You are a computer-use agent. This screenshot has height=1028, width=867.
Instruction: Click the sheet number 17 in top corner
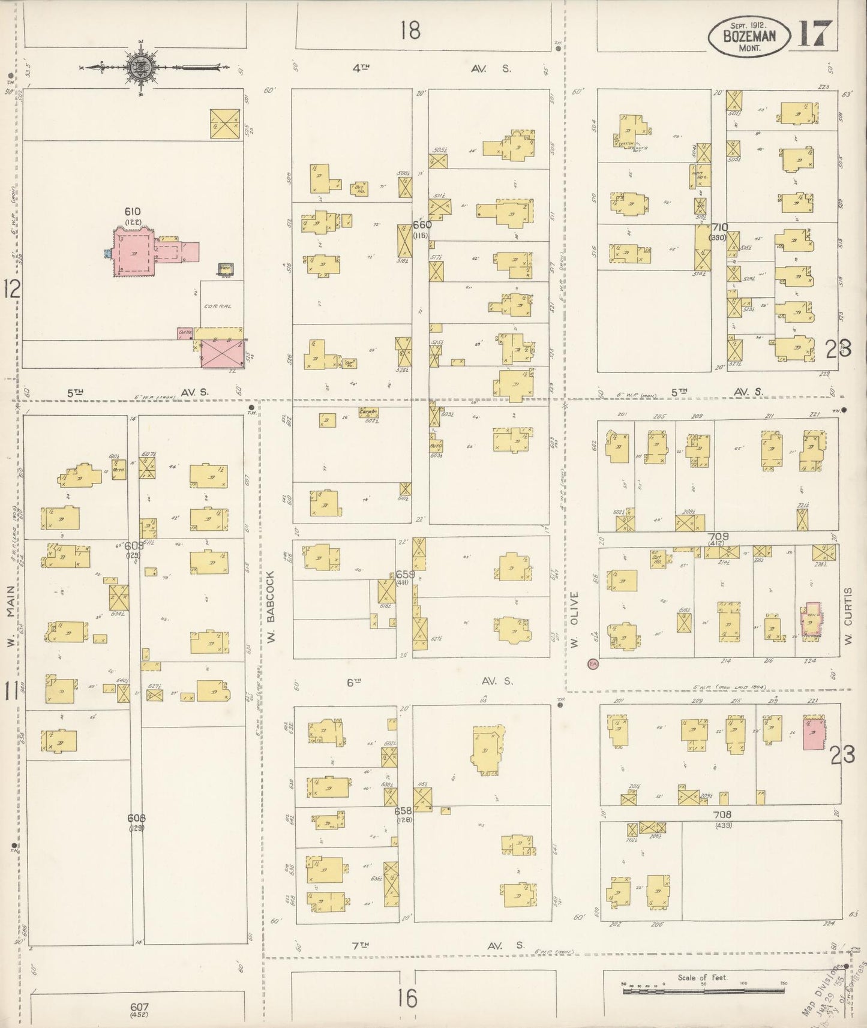point(815,36)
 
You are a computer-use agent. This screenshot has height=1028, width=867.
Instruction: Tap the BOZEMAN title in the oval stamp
point(749,36)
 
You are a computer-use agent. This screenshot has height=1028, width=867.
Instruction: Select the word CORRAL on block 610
point(217,306)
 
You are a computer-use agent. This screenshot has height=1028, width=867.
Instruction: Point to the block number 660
point(422,225)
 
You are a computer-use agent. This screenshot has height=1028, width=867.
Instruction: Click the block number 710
point(719,227)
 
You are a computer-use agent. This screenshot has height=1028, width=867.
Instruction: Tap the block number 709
point(718,536)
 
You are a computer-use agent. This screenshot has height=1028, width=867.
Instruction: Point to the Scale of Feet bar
point(702,991)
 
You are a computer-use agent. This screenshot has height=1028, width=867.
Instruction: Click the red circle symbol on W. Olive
point(592,664)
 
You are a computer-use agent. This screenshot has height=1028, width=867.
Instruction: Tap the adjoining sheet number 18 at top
point(410,30)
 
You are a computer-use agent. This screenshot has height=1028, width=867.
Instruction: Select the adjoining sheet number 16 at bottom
point(406,999)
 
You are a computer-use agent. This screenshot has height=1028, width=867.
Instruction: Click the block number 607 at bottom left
point(139,1007)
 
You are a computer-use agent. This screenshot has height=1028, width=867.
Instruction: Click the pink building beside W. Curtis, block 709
point(812,621)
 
